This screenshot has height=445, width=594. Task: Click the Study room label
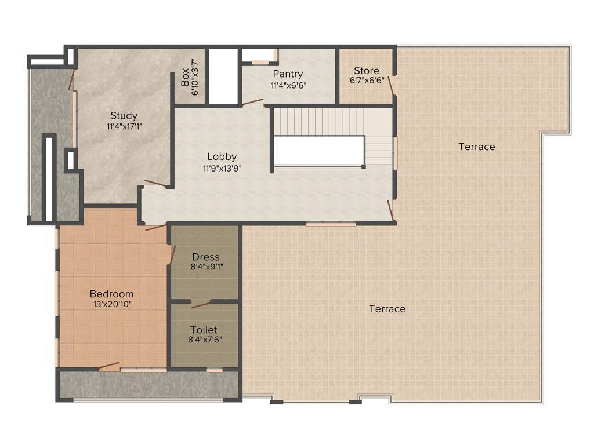pos(124,116)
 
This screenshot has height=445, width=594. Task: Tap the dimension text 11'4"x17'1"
pos(124,126)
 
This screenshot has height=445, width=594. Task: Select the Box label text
pos(185,77)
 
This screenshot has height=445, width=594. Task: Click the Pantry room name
pos(288,74)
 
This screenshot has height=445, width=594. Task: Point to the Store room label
pos(367,71)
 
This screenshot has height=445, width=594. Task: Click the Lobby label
pos(222,157)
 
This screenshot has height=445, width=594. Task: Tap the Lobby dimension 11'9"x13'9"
pos(222,169)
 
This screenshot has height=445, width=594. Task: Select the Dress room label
pos(206,257)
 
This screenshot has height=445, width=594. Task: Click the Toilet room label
pos(204,330)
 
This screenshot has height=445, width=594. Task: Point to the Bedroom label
pos(111,294)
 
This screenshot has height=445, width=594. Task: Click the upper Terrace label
pos(477,147)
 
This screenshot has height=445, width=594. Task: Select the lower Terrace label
pos(387,309)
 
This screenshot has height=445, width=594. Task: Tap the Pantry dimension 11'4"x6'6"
pos(288,85)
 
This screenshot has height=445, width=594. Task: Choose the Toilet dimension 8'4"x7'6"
pos(206,340)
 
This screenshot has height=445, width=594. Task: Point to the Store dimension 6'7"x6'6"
pos(367,81)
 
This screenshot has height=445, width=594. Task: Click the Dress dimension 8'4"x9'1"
pos(206,267)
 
